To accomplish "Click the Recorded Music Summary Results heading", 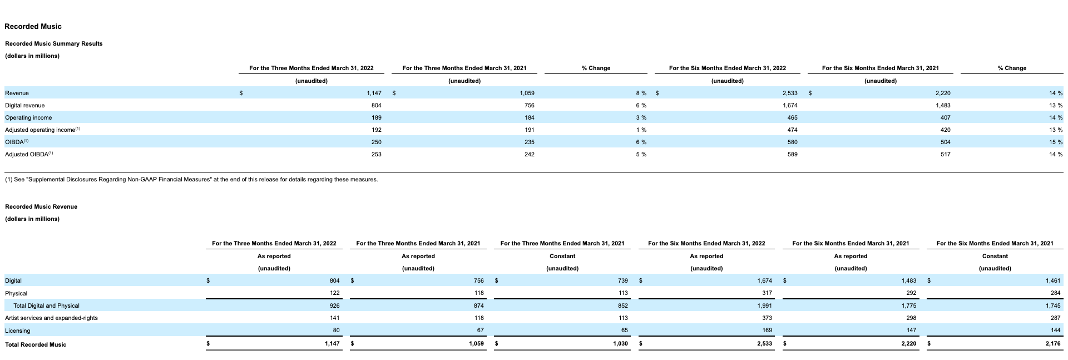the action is click(54, 43).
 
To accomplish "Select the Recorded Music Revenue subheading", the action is click(41, 206).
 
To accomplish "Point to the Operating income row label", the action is click(28, 117).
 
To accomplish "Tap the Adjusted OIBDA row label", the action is click(29, 154).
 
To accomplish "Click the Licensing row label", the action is click(18, 331).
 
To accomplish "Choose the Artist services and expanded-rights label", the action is click(51, 318).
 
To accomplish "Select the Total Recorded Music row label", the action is click(36, 344).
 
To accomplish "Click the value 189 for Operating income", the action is click(376, 117).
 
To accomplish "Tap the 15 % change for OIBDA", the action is click(1055, 142).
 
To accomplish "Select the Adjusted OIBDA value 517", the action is click(945, 154).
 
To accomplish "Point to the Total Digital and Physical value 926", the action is click(334, 305).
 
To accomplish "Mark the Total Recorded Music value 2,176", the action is click(1052, 344).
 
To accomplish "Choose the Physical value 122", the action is click(334, 293).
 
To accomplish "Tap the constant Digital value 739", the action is click(622, 281).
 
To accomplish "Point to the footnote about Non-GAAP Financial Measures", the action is click(191, 179).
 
